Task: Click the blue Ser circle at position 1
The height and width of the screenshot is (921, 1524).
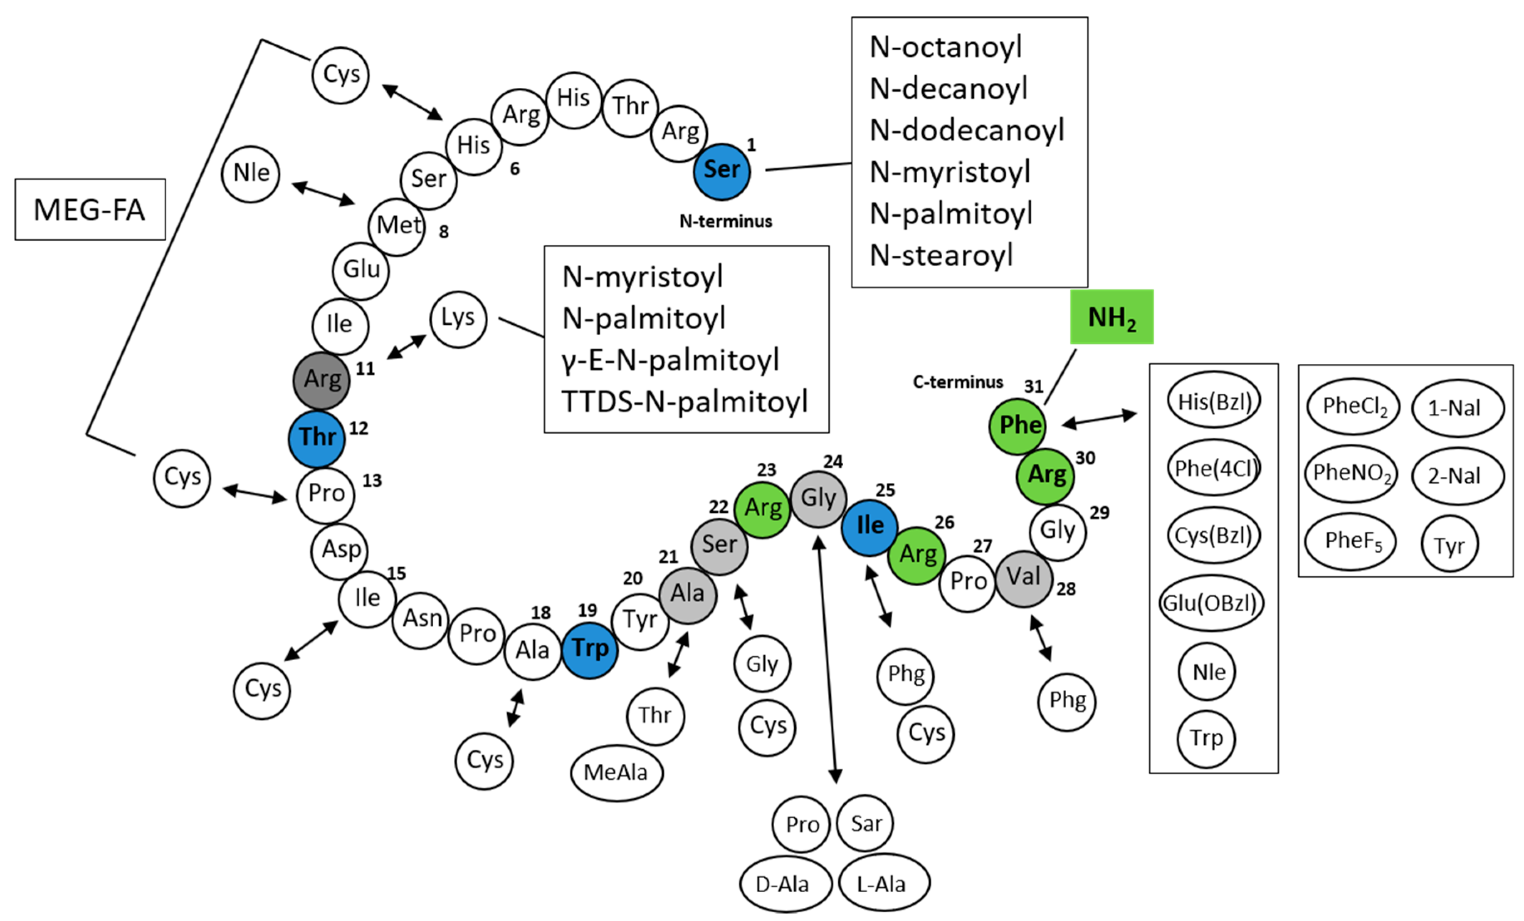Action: (721, 171)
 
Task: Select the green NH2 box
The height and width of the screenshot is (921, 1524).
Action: (1112, 317)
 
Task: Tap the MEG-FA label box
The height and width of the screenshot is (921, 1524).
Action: (90, 210)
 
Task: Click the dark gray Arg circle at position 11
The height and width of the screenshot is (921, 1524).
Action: (321, 380)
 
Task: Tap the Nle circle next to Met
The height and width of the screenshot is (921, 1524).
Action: (250, 174)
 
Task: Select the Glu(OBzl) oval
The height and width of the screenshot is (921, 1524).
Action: (1210, 603)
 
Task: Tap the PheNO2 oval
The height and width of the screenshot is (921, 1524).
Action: (1351, 473)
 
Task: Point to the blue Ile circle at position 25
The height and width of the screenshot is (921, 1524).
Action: (869, 527)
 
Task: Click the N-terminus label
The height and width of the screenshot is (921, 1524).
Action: (726, 222)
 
